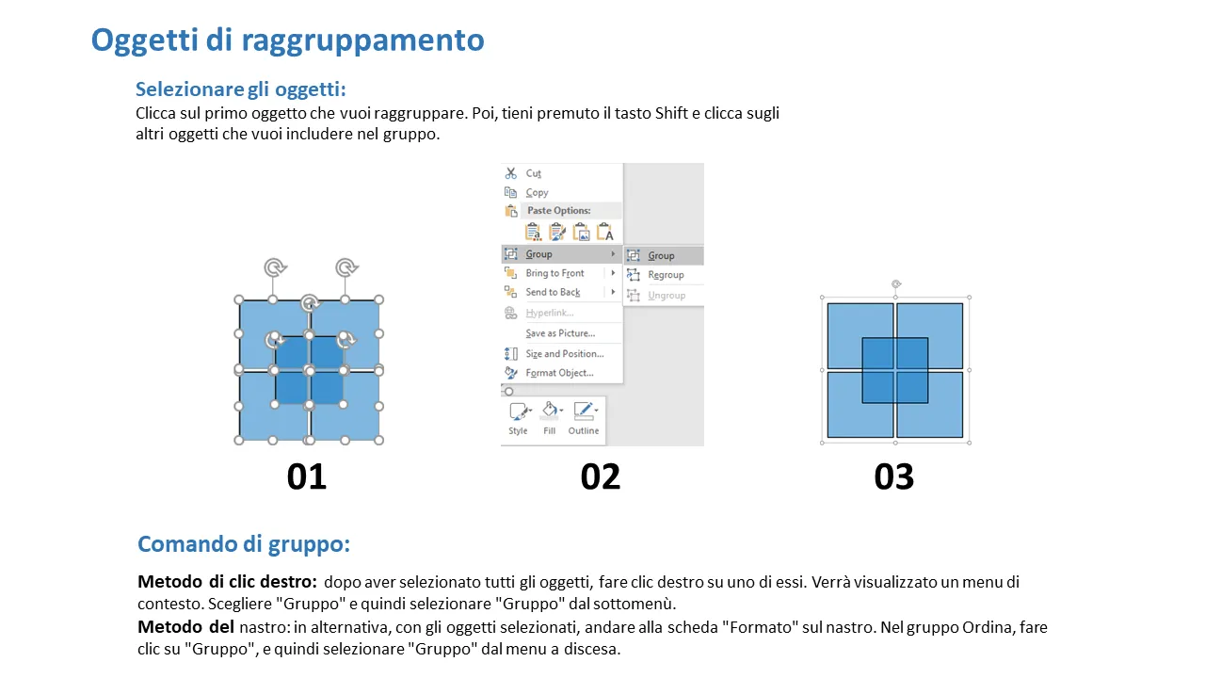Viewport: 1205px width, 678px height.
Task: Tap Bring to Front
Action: point(554,273)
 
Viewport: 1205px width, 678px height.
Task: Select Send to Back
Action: point(553,292)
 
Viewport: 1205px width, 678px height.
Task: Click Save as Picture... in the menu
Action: point(560,333)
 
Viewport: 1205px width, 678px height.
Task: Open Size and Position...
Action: point(564,353)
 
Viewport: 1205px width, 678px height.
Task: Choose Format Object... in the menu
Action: point(559,373)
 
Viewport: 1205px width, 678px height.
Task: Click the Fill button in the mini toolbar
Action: point(550,418)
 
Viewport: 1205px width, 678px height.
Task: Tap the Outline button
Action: point(584,418)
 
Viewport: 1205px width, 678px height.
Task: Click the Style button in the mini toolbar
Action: point(519,418)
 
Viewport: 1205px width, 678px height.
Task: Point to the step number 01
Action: point(307,476)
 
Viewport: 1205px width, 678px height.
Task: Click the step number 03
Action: point(894,476)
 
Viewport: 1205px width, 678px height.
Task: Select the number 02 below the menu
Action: point(601,476)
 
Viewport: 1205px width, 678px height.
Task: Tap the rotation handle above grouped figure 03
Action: point(895,284)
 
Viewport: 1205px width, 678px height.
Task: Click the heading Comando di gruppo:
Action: point(244,544)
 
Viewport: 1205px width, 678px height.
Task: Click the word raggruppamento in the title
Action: point(362,40)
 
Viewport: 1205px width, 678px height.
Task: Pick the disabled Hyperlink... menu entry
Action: point(549,313)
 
